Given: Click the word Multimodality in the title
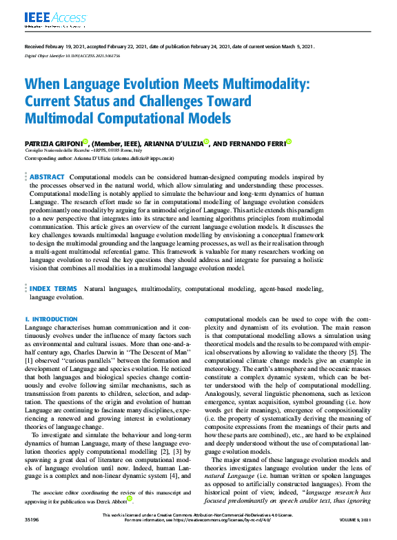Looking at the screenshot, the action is [262, 86].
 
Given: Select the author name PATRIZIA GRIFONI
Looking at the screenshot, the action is [52, 143].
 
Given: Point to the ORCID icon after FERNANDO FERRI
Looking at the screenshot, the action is [289, 141].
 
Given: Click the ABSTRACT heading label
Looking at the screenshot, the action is [48, 177].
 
